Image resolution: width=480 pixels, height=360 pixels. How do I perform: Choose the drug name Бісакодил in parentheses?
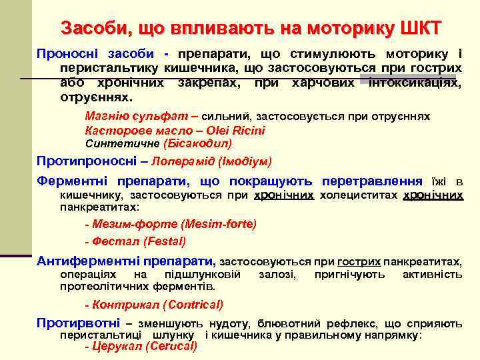point(197,143)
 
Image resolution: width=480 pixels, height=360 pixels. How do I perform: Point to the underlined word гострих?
point(359,261)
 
